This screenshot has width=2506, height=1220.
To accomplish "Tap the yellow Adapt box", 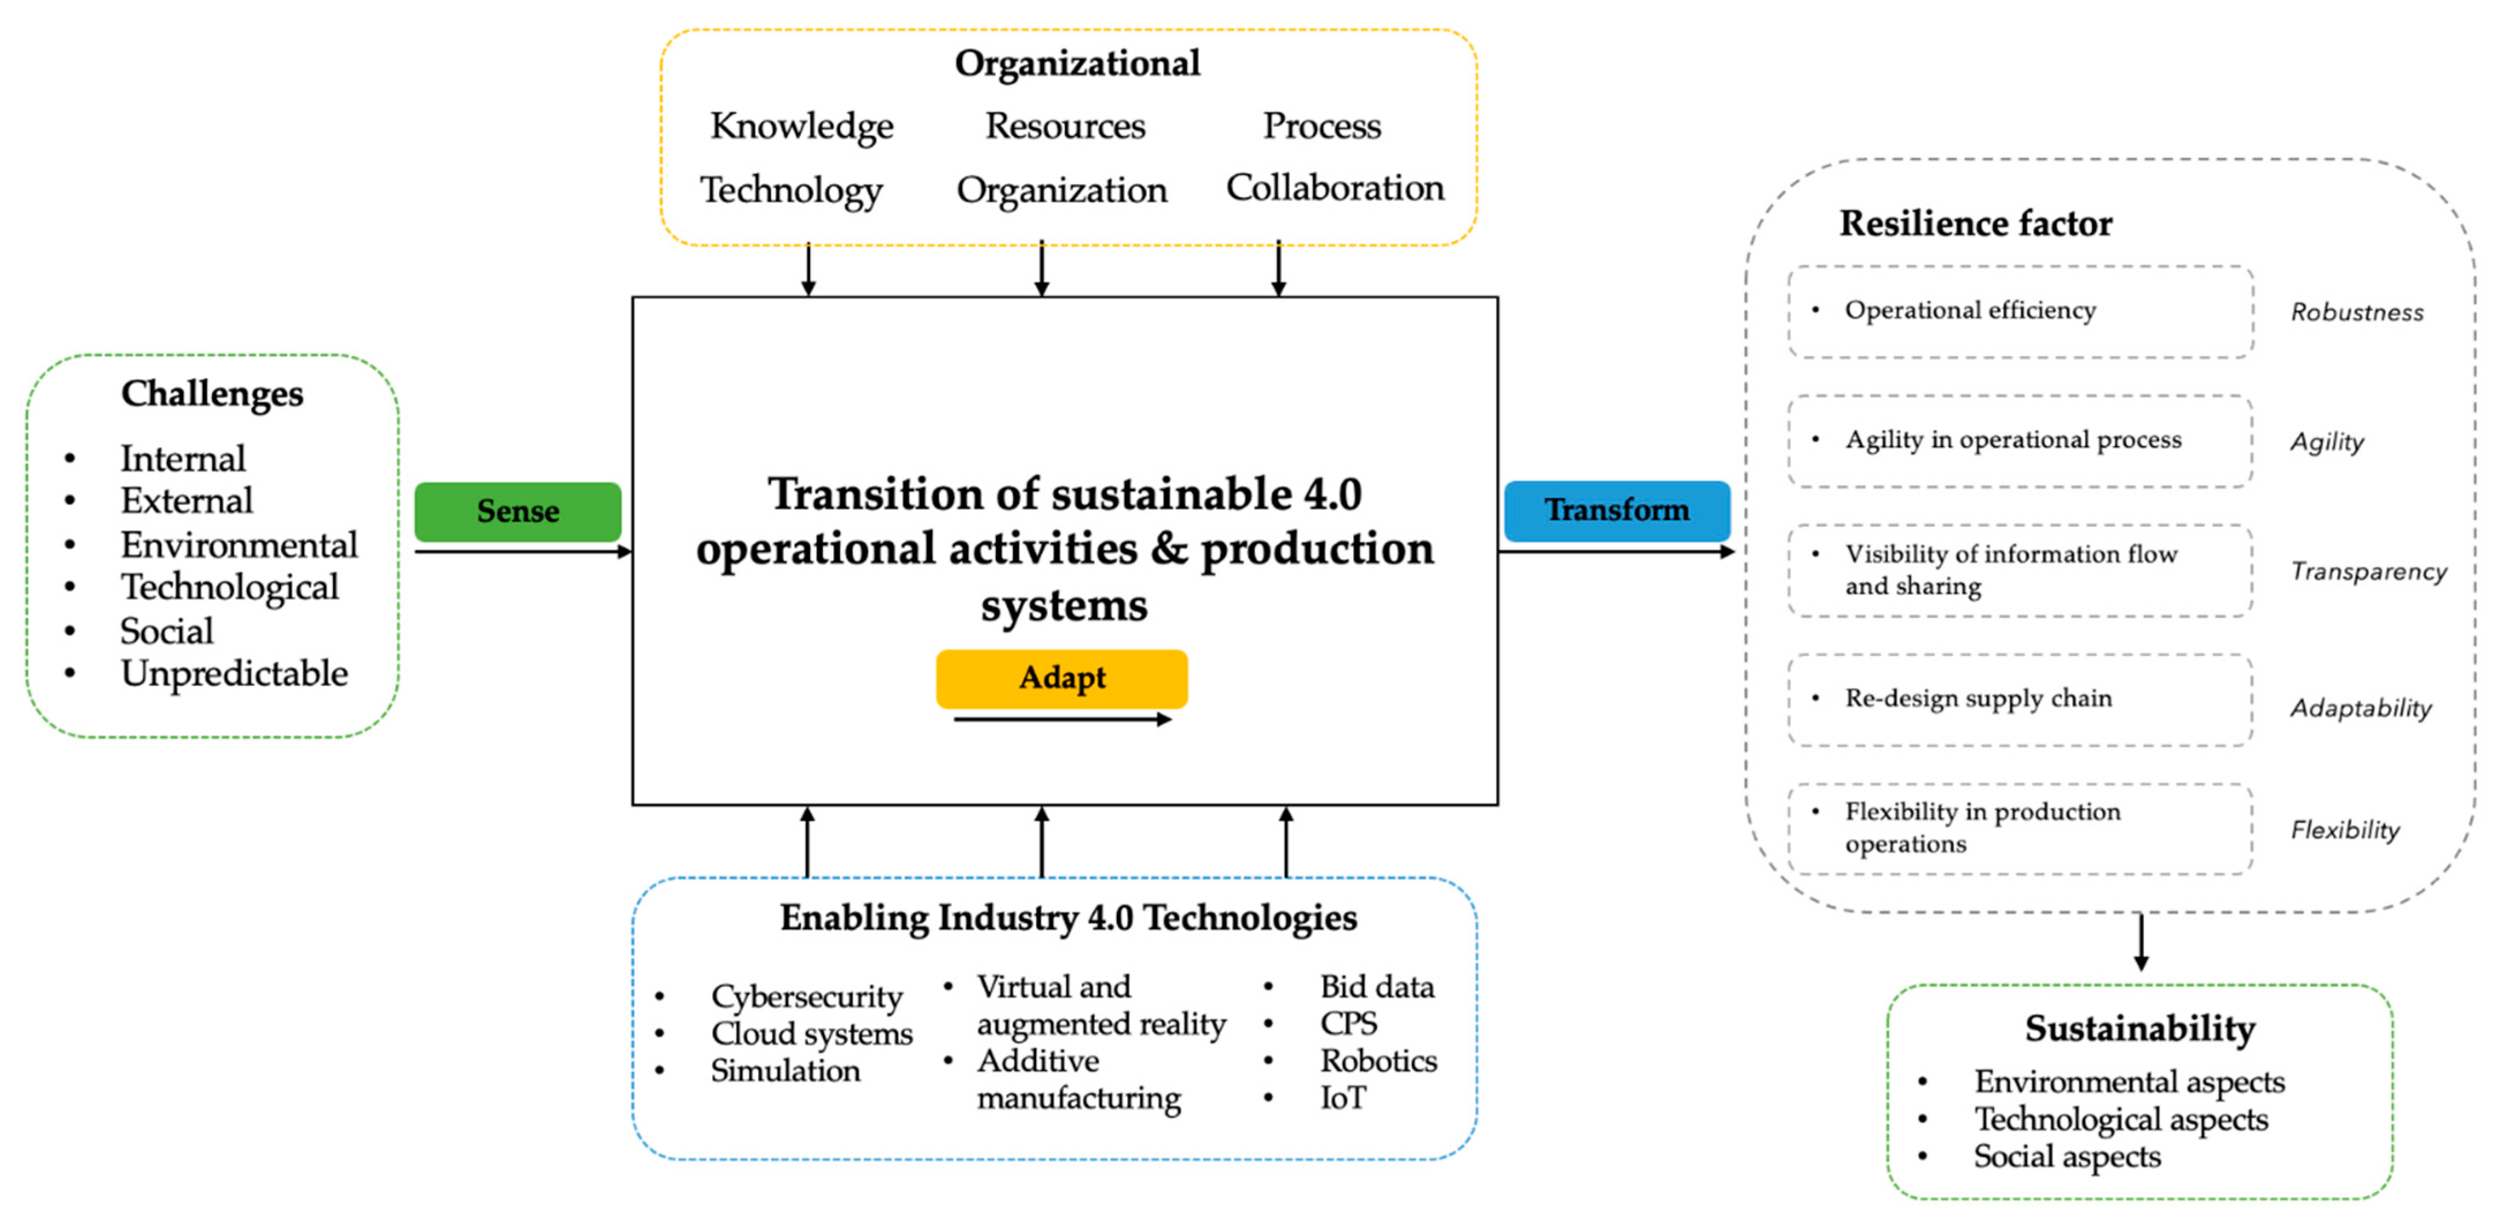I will click(1061, 678).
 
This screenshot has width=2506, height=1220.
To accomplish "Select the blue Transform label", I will click(1617, 511).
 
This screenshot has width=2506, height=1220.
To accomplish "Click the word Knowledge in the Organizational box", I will click(802, 126).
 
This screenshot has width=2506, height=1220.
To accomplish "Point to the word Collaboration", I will click(1335, 188).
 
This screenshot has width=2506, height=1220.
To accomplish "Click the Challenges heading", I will click(212, 394).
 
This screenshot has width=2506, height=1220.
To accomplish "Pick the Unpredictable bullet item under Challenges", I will click(233, 673).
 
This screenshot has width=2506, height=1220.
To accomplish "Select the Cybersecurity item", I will click(807, 996).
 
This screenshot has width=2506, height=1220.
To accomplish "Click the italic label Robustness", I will click(2356, 312).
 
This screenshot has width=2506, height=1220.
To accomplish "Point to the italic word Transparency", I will click(2368, 571).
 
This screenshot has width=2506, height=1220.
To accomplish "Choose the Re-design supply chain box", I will click(2020, 700).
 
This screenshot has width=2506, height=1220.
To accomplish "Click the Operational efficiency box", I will click(2020, 311).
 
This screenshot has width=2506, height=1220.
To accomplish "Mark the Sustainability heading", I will click(2140, 1028).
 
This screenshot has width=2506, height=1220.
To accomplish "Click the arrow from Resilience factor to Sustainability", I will click(2140, 942).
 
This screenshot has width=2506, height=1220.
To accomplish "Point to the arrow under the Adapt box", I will click(1063, 720).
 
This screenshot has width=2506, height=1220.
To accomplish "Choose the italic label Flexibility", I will click(2345, 830).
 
